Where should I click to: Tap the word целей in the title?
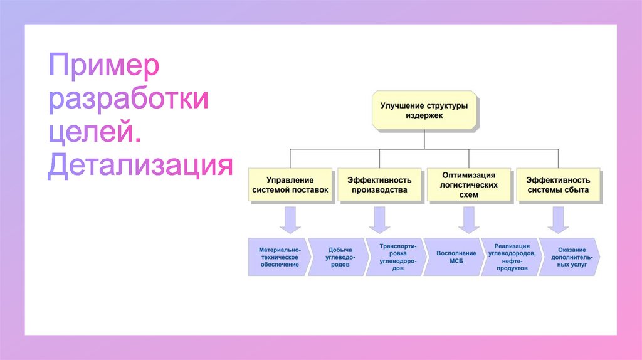(94, 134)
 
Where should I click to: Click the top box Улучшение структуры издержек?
(424, 111)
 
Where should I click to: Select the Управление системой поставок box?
(290, 184)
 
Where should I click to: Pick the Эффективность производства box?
(379, 184)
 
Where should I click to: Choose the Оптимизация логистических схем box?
(468, 184)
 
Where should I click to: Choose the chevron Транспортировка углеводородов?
(394, 257)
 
